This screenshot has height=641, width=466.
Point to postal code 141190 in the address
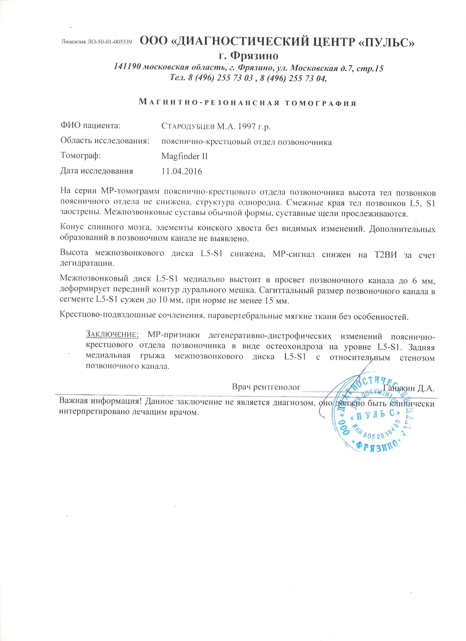pos(127,68)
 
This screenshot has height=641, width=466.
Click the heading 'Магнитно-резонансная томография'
pos(248,103)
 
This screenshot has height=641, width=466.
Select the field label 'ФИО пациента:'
pos(90,126)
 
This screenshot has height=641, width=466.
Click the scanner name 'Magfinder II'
pos(184,156)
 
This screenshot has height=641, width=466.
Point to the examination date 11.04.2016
pos(182,171)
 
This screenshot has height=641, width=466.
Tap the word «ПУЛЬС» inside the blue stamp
pos(376,415)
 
